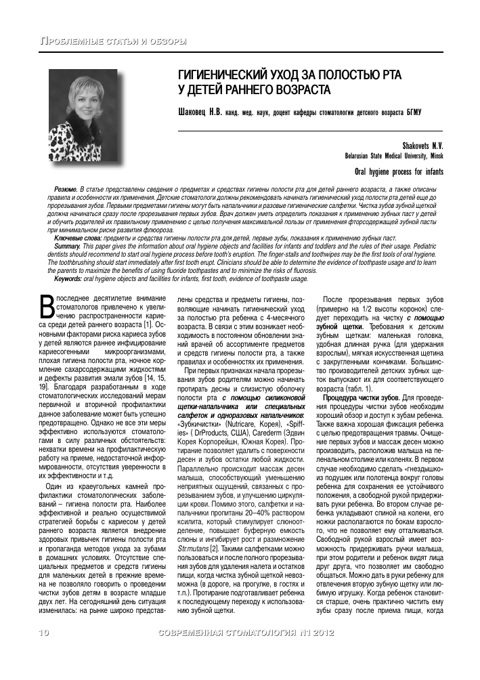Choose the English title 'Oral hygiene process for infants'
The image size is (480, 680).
(x=399, y=171)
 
